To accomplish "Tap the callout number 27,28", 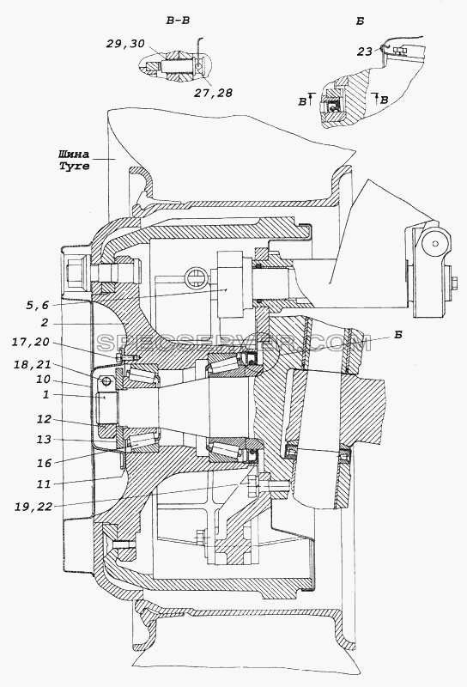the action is tap(214, 93).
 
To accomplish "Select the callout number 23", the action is tap(365, 52).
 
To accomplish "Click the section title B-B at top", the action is tap(178, 21).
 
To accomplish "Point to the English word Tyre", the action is tap(75, 166).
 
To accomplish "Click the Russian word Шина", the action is tap(74, 155).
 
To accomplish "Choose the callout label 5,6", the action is tap(37, 306).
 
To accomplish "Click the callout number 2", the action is tap(45, 324).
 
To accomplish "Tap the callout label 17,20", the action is tap(31, 342).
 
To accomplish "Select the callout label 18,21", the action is tap(32, 364).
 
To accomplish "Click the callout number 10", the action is tap(43, 380).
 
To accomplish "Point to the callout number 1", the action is tap(45, 394).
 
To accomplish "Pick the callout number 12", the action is tap(44, 419).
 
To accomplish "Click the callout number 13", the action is tap(44, 439).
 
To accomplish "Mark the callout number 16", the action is tap(44, 463).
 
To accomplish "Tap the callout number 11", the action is tap(44, 484).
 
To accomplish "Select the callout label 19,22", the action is tap(33, 507).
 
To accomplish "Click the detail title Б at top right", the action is tap(360, 21).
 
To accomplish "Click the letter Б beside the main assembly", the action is tap(397, 335).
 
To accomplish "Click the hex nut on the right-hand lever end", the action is tap(454, 283).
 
